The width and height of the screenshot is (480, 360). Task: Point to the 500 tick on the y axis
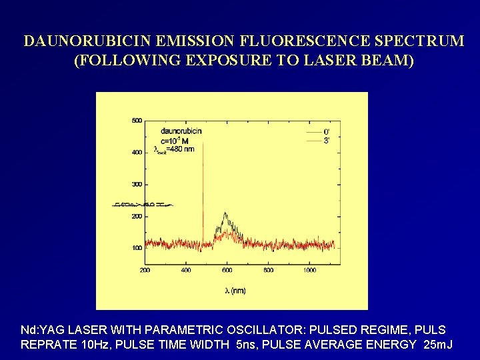[137, 121]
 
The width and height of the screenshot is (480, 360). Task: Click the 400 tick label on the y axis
[137, 153]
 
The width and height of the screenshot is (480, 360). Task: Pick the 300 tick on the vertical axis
[137, 184]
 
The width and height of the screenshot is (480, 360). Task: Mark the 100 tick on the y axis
[137, 248]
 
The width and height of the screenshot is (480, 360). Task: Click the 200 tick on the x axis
[145, 270]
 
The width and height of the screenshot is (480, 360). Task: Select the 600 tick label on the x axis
[227, 270]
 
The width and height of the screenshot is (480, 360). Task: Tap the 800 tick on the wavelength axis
[268, 270]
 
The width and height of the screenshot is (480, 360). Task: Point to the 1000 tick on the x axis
[309, 270]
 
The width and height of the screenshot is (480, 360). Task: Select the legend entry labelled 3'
[327, 141]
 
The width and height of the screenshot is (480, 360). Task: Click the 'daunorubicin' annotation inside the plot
[181, 131]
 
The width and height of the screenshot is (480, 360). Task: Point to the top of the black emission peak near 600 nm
[225, 213]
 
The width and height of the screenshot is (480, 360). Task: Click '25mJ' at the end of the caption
[439, 345]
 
